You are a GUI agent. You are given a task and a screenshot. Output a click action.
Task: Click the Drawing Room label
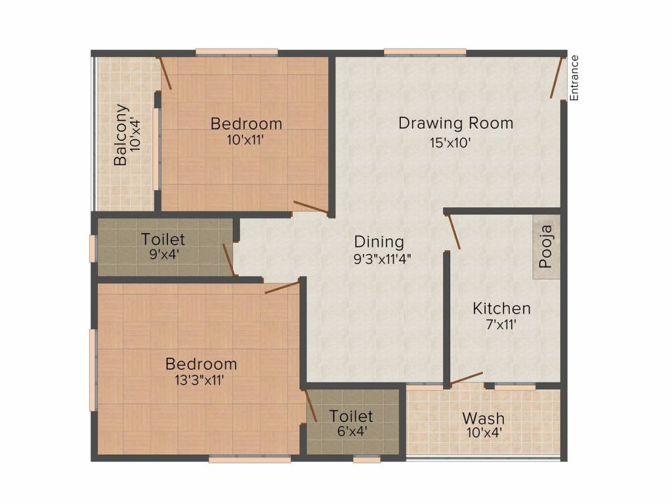pyautogui.click(x=455, y=123)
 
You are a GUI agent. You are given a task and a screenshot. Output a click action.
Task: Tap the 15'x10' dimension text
pyautogui.click(x=451, y=143)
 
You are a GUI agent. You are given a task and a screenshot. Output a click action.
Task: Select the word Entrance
pyautogui.click(x=574, y=77)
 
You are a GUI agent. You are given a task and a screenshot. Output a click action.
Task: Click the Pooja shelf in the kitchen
pyautogui.click(x=546, y=247)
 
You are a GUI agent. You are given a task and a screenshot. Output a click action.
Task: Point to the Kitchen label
pyautogui.click(x=502, y=308)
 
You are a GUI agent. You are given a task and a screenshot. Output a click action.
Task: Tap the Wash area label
pyautogui.click(x=483, y=418)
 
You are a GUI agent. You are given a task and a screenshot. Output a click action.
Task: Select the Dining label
pyautogui.click(x=379, y=241)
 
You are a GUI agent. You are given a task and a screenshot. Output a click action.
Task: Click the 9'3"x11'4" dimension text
pyautogui.click(x=382, y=258)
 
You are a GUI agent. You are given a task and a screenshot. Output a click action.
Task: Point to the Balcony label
pyautogui.click(x=121, y=135)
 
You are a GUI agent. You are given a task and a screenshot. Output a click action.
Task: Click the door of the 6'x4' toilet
pyautogui.click(x=311, y=406)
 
